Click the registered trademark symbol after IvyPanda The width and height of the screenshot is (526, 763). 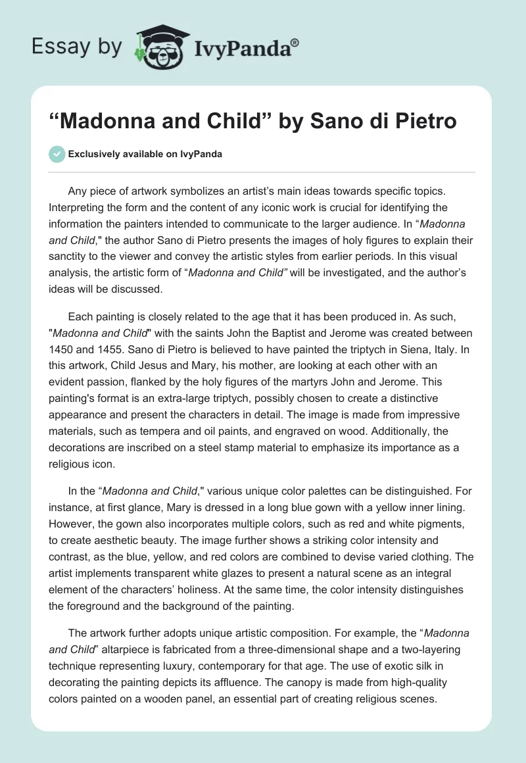coord(295,43)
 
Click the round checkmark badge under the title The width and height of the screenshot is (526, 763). coord(57,154)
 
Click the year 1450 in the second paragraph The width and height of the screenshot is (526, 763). coord(61,349)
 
